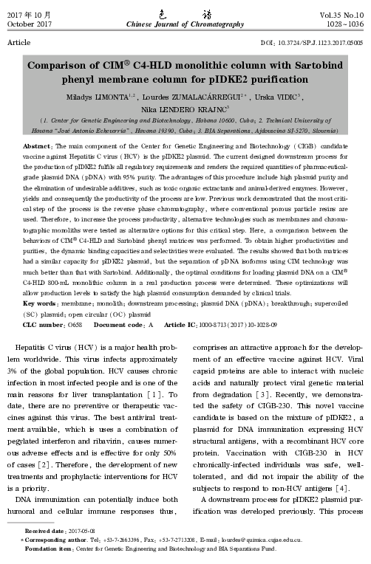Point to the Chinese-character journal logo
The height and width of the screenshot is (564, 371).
[x=185, y=13]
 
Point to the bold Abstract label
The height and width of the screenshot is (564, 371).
[x=37, y=148]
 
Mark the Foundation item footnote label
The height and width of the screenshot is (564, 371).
[x=46, y=550]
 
